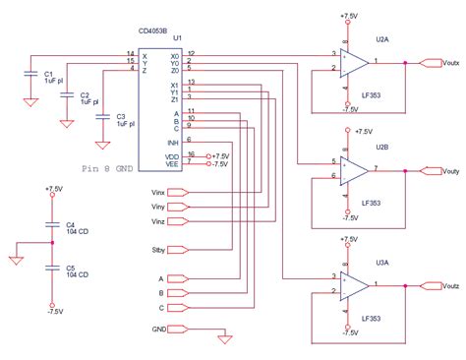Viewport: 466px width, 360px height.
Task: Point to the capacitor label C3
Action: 120,114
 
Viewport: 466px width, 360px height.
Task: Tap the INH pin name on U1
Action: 174,144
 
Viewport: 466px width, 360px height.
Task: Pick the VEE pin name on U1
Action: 174,164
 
